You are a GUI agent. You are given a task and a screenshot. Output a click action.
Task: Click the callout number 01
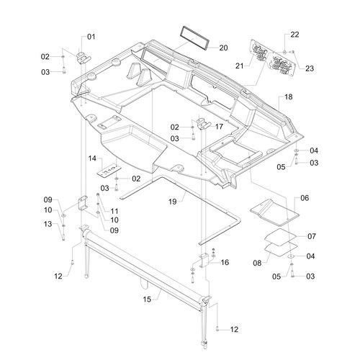tap(91, 37)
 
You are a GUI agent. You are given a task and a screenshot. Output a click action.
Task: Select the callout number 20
tap(223, 48)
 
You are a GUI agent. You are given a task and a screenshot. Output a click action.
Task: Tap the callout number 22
tap(294, 35)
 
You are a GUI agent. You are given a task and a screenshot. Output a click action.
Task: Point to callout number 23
tap(310, 68)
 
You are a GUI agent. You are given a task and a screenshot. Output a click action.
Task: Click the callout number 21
tap(240, 66)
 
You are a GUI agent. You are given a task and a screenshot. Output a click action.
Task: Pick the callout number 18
tap(289, 97)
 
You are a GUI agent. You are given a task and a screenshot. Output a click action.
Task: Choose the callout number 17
tap(219, 127)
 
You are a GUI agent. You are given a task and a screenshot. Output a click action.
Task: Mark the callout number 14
tap(92, 158)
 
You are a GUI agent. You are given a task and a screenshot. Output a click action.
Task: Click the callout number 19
tap(172, 202)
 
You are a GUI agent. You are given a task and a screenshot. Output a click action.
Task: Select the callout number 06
tap(305, 198)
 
